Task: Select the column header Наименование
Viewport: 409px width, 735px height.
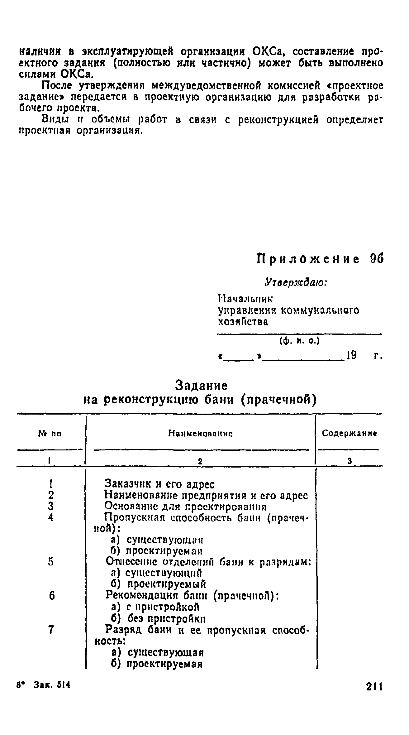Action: [201, 434]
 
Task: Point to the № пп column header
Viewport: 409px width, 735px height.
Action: [50, 434]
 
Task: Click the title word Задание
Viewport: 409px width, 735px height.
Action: [202, 386]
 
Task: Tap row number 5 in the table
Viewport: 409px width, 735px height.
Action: [51, 562]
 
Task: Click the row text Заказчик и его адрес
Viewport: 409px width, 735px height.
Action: [159, 484]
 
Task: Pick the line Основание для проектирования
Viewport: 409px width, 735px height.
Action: [186, 506]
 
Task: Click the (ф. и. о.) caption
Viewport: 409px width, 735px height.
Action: [300, 342]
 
